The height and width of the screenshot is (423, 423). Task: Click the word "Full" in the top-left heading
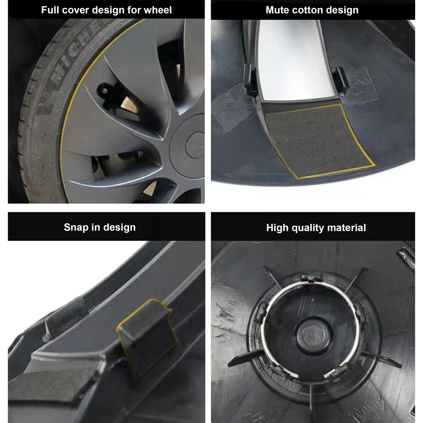(50, 10)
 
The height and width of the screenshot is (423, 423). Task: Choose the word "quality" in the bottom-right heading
(307, 228)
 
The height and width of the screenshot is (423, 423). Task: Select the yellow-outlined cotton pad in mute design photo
(317, 140)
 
